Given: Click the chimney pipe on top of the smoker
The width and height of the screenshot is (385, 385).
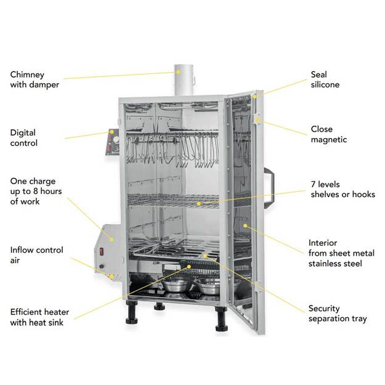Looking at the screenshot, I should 184,79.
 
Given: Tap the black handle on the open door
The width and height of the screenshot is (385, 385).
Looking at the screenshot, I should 269,183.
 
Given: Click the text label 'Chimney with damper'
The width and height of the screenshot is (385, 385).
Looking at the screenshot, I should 34,79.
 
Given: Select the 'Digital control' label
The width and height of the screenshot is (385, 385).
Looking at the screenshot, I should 24,137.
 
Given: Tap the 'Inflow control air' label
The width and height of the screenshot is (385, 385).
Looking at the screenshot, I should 35,255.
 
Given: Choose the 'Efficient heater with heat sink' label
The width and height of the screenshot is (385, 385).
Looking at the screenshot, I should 39,317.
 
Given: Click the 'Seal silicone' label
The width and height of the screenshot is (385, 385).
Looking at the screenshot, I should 325,79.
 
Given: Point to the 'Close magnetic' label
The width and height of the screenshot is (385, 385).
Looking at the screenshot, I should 328,134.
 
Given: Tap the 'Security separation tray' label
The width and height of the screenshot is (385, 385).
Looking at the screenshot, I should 337,314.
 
